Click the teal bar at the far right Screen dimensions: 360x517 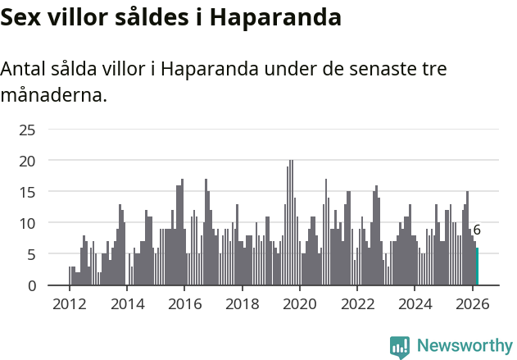[x=478, y=267]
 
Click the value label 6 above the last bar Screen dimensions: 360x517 [x=477, y=230]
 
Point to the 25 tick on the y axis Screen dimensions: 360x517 [x=28, y=130]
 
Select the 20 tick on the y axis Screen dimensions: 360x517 [x=28, y=161]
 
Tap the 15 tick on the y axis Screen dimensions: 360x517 [x=28, y=192]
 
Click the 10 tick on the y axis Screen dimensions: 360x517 [x=28, y=223]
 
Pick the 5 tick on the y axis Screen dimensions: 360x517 [x=31, y=254]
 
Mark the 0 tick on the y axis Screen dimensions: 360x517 [x=31, y=285]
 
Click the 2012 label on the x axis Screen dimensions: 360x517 [x=69, y=304]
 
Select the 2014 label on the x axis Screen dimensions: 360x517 [x=126, y=304]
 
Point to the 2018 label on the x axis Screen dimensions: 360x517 [x=242, y=304]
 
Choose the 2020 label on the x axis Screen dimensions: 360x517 [x=300, y=304]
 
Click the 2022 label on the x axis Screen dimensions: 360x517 [x=357, y=304]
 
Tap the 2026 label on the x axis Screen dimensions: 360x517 [x=473, y=304]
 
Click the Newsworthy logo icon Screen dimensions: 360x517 [x=400, y=347]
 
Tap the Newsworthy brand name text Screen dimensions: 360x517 [x=464, y=346]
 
